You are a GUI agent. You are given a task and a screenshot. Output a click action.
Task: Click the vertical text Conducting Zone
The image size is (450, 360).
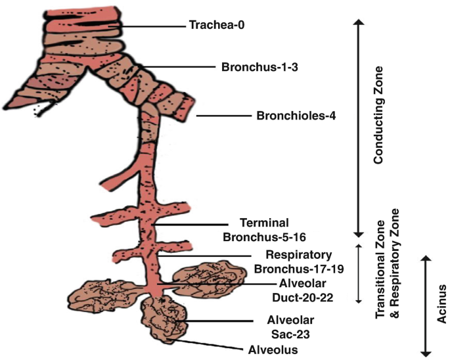click(378, 116)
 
